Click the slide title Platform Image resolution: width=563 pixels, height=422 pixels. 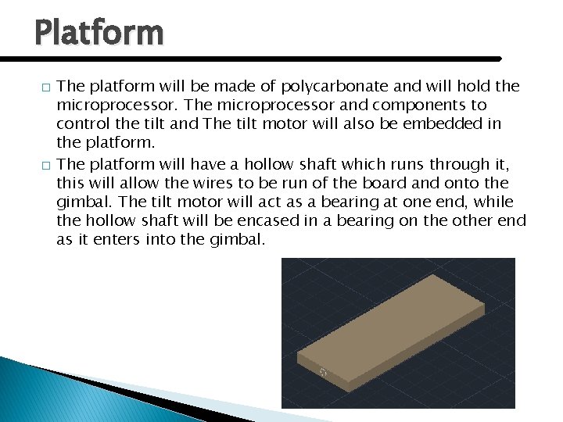99,33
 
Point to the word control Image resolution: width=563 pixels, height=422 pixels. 82,123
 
